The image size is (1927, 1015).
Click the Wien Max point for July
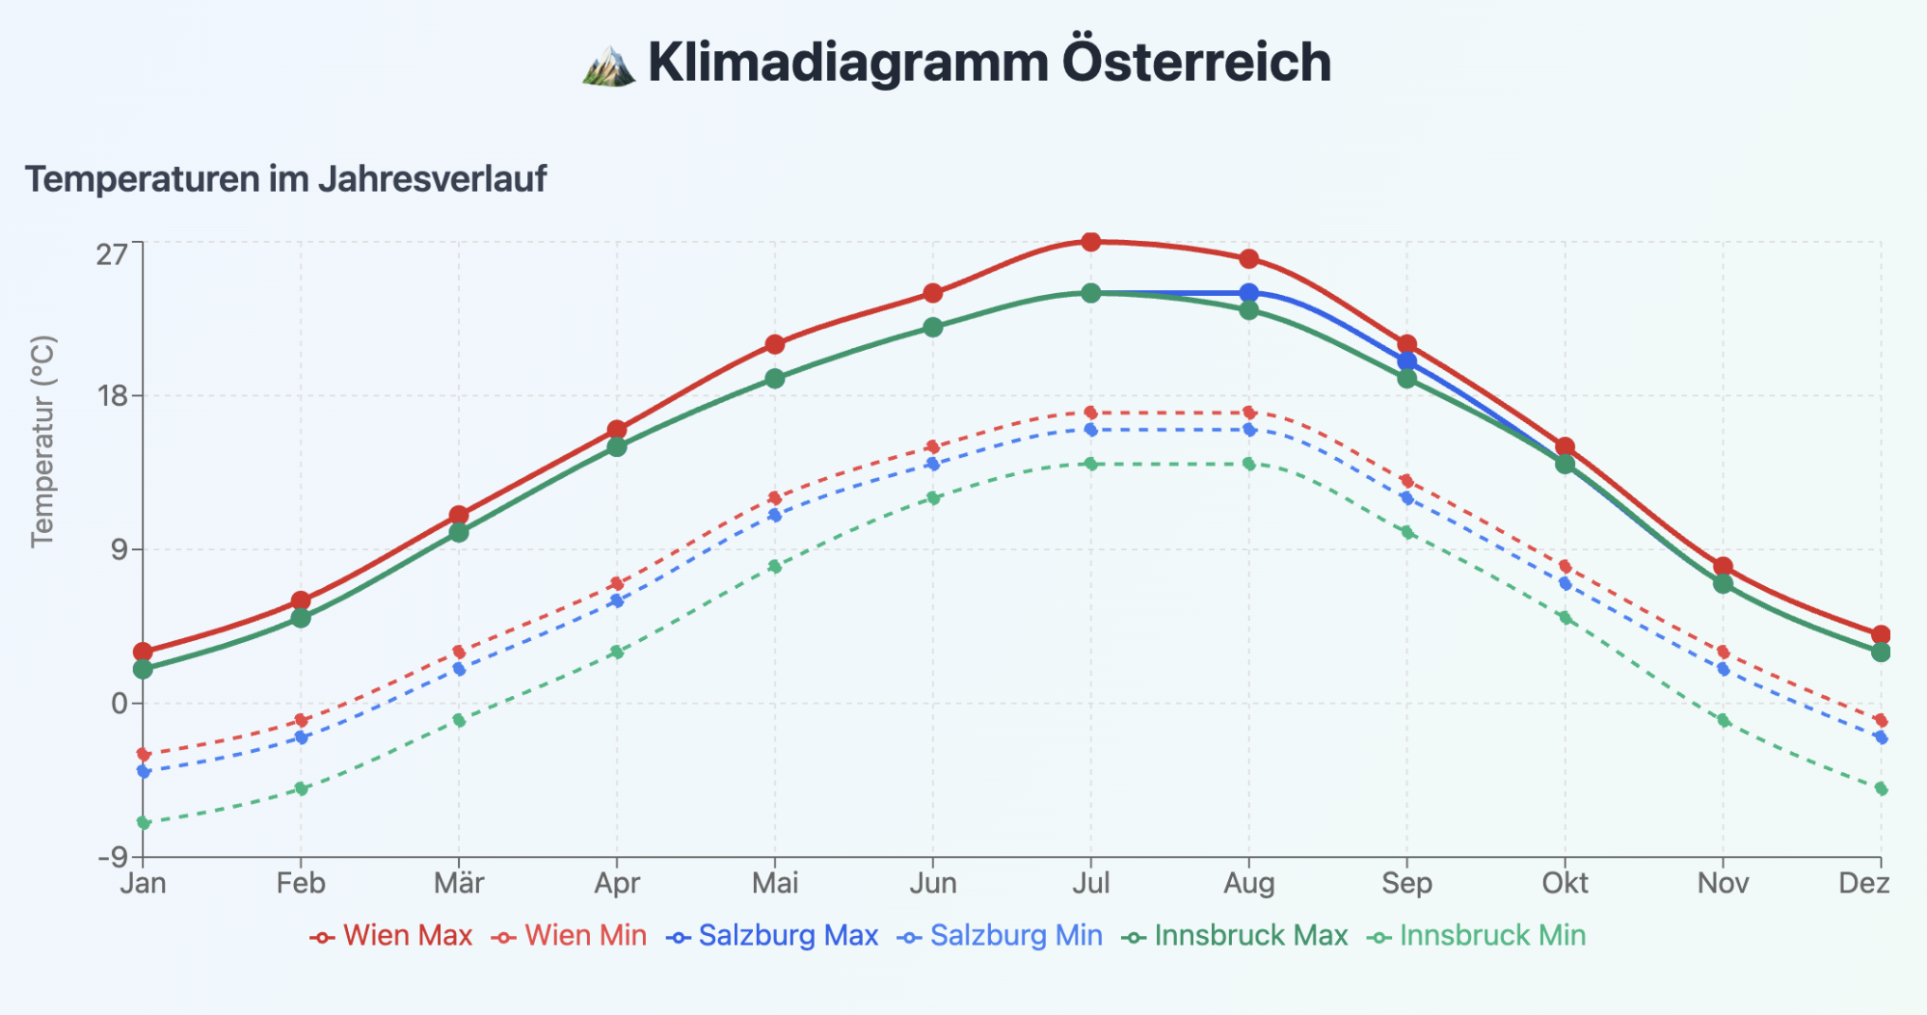click(x=1090, y=242)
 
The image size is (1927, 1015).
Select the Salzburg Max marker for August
click(x=1248, y=293)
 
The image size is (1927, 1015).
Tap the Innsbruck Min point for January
click(x=144, y=822)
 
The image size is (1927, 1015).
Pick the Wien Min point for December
click(x=1880, y=720)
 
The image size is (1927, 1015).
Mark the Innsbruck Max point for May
click(x=775, y=379)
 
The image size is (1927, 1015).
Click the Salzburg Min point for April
click(x=617, y=601)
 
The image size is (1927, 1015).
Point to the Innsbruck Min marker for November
click(x=1723, y=720)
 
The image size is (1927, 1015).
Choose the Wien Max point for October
click(x=1565, y=447)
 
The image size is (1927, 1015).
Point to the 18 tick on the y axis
click(x=112, y=396)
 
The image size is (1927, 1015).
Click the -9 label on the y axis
click(x=112, y=857)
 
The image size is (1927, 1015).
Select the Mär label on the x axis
click(x=459, y=883)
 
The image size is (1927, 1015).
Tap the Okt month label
click(x=1565, y=883)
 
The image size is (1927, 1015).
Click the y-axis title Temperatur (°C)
click(x=43, y=441)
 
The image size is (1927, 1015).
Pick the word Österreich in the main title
click(x=1196, y=63)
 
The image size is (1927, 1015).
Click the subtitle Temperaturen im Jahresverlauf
click(x=285, y=179)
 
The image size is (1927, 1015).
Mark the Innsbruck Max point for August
click(x=1248, y=310)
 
